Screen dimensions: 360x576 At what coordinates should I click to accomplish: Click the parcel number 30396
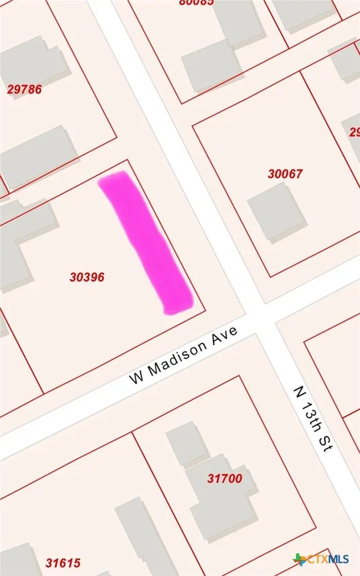click(87, 277)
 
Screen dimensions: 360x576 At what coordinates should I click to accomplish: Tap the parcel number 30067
click(285, 174)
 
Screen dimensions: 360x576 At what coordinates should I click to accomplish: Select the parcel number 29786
click(24, 89)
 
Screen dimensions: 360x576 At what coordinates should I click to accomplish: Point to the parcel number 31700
click(224, 479)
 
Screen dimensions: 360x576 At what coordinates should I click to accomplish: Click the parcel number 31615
click(63, 563)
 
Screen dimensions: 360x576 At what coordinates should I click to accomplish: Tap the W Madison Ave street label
click(183, 355)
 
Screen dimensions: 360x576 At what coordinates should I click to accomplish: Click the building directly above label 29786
click(33, 62)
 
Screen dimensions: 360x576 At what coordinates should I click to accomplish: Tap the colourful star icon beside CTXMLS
click(299, 559)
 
